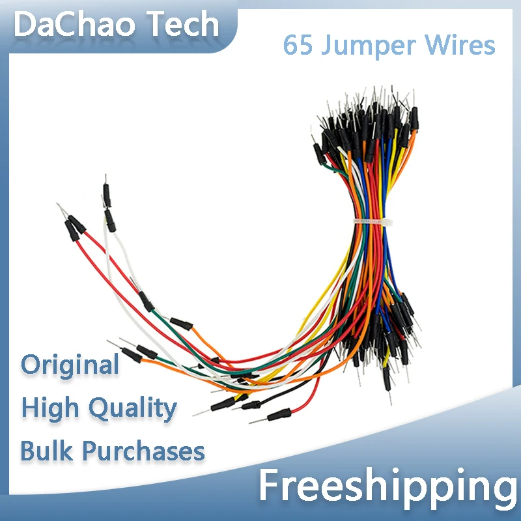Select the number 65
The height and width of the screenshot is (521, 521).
tap(296, 46)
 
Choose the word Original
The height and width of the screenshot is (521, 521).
tap(70, 365)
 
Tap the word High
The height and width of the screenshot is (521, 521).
tap(51, 408)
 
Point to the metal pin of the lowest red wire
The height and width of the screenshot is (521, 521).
tap(256, 420)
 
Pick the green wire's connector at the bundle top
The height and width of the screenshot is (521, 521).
tap(320, 154)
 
